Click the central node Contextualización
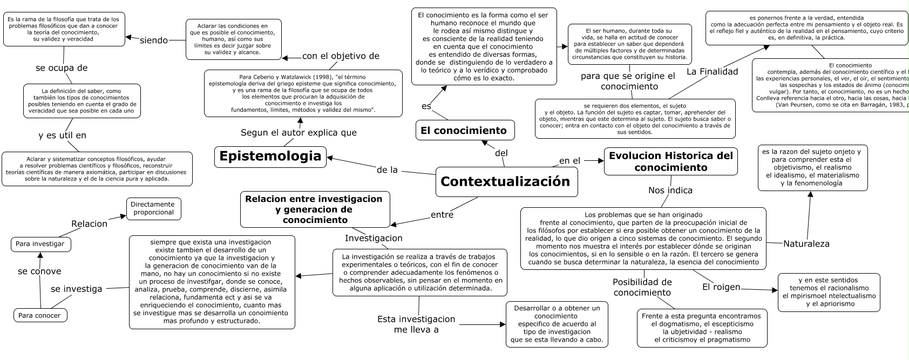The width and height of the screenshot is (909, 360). pyautogui.click(x=506, y=182)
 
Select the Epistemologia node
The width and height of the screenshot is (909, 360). pyautogui.click(x=270, y=157)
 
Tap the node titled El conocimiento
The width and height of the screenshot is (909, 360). pyautogui.click(x=464, y=130)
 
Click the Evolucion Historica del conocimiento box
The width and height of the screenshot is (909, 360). pyautogui.click(x=670, y=161)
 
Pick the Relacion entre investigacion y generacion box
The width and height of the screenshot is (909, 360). pyautogui.click(x=314, y=209)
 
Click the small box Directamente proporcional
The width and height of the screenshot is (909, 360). pyautogui.click(x=153, y=208)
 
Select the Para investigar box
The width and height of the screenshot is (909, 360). pyautogui.click(x=40, y=244)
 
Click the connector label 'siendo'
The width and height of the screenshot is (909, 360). pyautogui.click(x=154, y=40)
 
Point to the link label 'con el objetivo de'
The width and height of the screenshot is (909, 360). pyautogui.click(x=341, y=56)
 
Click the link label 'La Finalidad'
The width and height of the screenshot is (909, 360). pyautogui.click(x=712, y=71)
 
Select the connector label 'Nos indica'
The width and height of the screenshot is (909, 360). pyautogui.click(x=670, y=190)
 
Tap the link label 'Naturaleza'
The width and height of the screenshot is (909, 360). pyautogui.click(x=806, y=243)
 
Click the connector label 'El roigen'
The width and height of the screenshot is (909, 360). pyautogui.click(x=721, y=287)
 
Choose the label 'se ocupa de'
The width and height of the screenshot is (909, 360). pyautogui.click(x=62, y=68)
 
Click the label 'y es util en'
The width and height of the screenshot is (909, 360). pyautogui.click(x=62, y=135)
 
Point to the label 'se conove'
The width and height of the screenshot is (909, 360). pyautogui.click(x=39, y=271)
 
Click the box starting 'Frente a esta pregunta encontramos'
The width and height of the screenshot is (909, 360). pyautogui.click(x=701, y=328)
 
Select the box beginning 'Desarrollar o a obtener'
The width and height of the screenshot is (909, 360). pyautogui.click(x=557, y=324)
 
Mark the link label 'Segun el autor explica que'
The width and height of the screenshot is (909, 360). pyautogui.click(x=299, y=133)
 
